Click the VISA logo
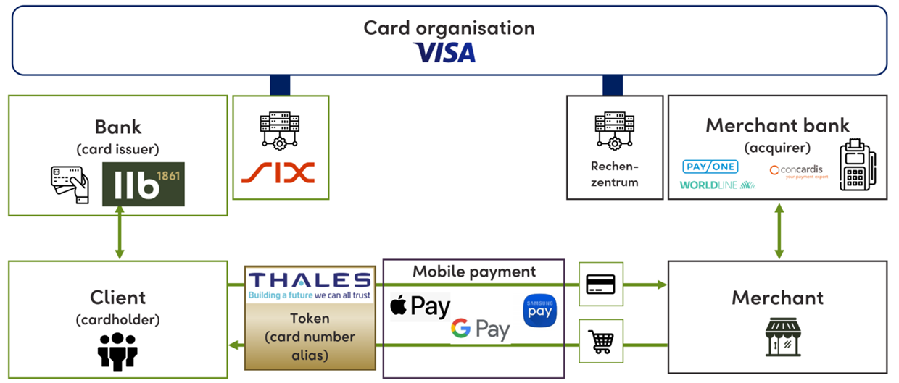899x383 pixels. [444, 52]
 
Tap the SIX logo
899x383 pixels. [278, 172]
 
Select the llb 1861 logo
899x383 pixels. [144, 184]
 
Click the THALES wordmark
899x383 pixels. [310, 281]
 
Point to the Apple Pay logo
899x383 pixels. [420, 307]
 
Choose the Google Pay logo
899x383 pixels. [480, 329]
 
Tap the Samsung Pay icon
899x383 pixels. [539, 311]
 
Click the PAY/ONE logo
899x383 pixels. [710, 167]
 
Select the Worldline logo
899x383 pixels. [717, 185]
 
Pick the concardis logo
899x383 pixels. [798, 171]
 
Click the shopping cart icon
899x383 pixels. [600, 340]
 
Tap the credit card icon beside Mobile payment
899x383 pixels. [600, 284]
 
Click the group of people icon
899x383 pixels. [117, 350]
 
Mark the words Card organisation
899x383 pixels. [449, 28]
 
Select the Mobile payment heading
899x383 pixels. [474, 272]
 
